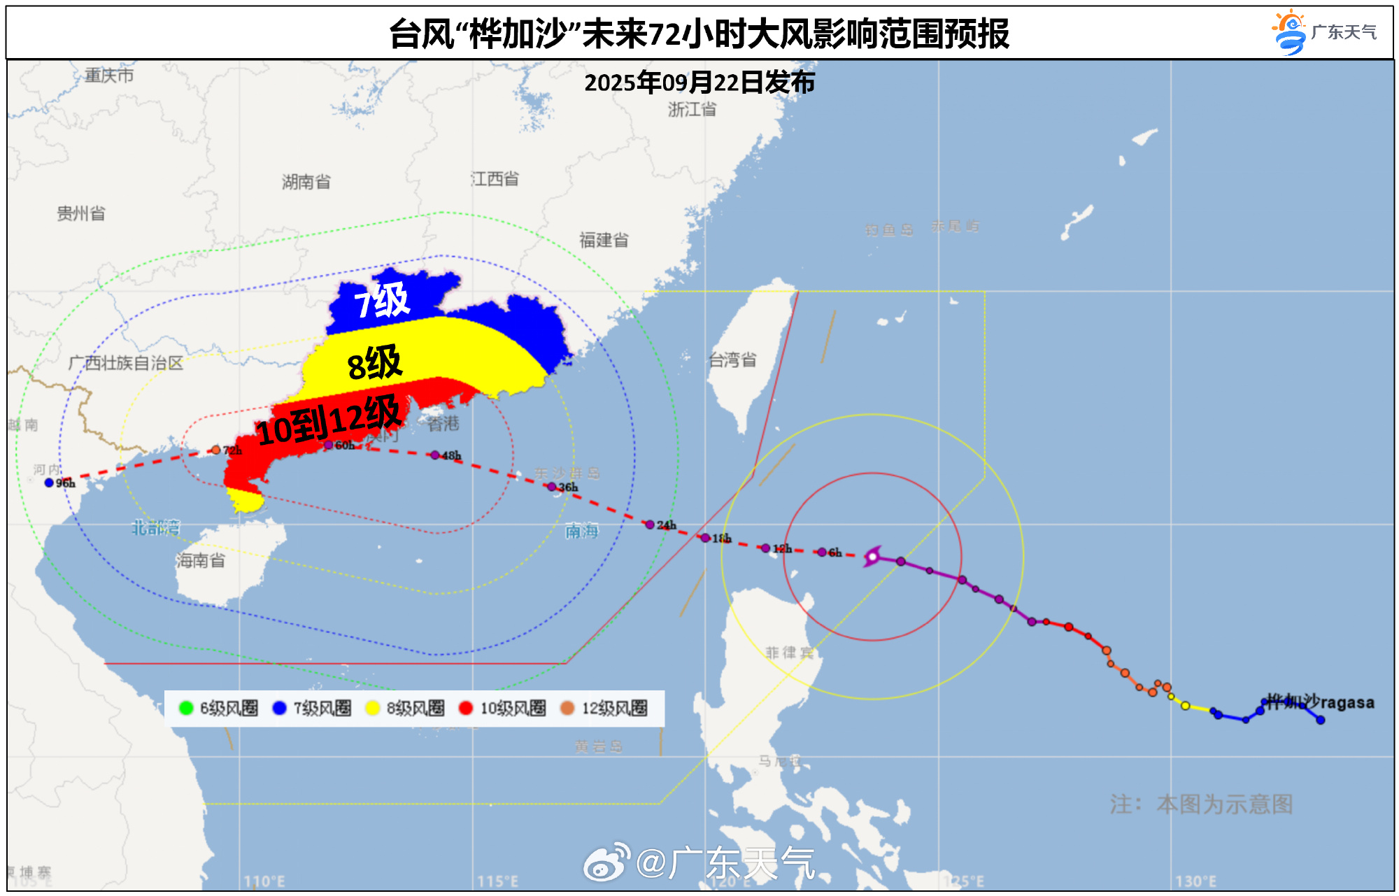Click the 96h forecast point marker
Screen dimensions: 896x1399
point(49,483)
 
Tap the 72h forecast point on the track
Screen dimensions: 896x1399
point(216,450)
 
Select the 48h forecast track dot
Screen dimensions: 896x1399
point(435,455)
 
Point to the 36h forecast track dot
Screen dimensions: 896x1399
point(551,487)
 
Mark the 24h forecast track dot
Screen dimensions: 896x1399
point(650,525)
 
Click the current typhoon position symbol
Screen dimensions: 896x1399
point(872,557)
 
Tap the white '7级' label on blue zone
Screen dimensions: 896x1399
point(382,301)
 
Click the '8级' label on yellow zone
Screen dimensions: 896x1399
point(375,363)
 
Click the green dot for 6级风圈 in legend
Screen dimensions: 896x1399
point(186,708)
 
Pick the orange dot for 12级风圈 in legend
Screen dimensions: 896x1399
point(567,708)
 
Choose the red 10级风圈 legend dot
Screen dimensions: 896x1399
point(466,708)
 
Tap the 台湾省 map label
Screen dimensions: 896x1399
point(732,360)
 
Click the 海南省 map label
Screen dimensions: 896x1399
point(201,560)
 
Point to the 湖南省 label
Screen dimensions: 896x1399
point(306,182)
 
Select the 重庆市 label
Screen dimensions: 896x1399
point(109,76)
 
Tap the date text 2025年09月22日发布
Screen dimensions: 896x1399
point(699,83)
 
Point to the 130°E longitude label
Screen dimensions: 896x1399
point(1195,881)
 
